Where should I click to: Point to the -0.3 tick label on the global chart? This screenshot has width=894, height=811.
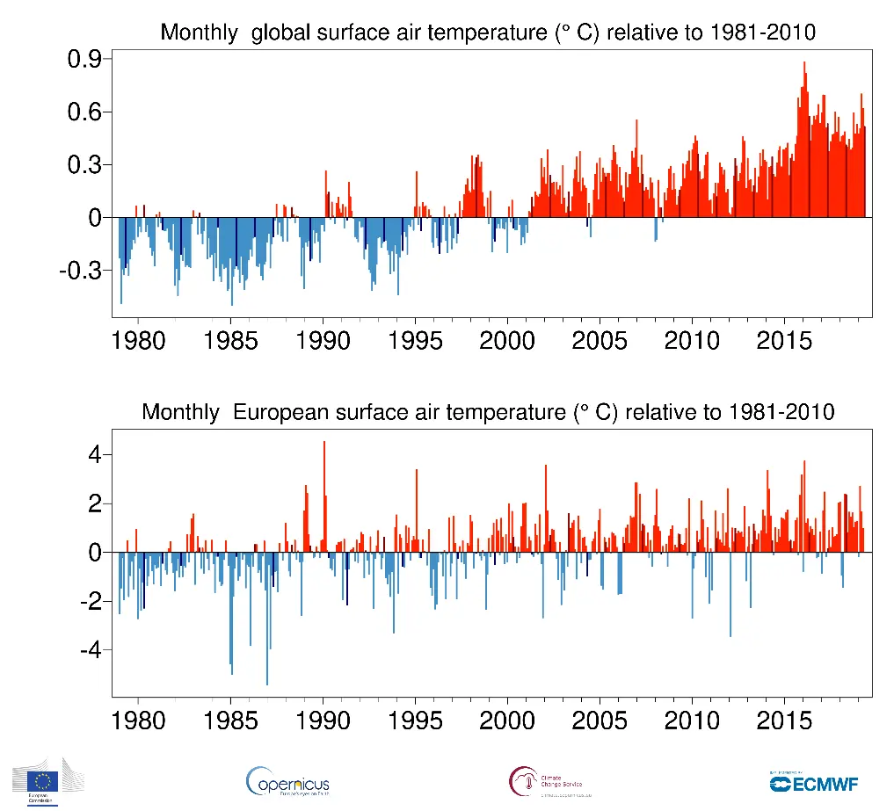(79, 271)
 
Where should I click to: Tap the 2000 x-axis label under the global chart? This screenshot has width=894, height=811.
(507, 340)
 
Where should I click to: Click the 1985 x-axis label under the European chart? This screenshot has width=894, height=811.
(230, 720)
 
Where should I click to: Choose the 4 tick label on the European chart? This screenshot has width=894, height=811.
(94, 455)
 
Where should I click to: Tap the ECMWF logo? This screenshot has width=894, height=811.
(813, 782)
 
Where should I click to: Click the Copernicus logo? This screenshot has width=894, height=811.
(288, 781)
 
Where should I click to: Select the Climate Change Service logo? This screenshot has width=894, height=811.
(545, 781)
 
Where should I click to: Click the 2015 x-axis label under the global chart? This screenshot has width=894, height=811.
(785, 340)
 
